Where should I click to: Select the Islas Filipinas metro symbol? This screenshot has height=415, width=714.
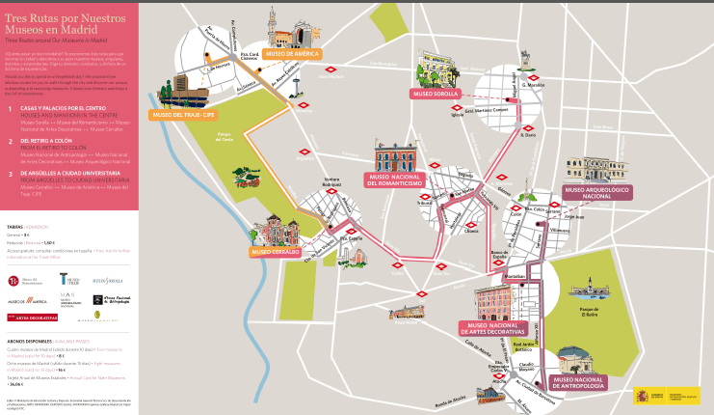[x=331, y=69]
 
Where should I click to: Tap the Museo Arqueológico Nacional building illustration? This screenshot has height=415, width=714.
[x=595, y=168]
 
